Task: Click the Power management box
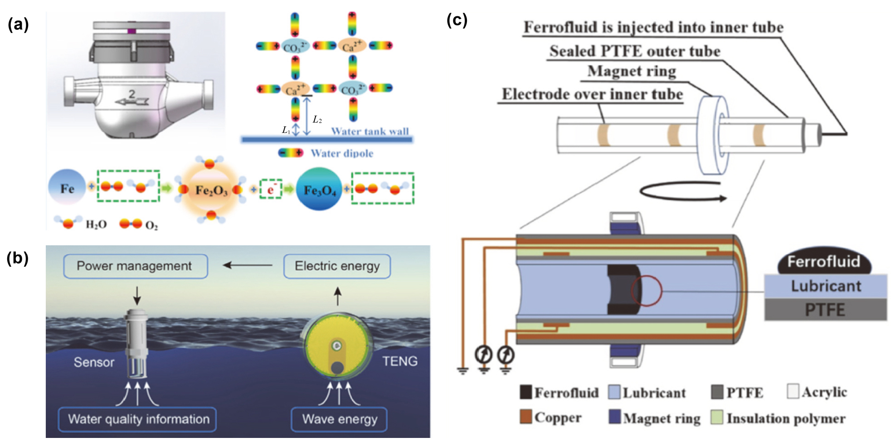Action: [x=136, y=266]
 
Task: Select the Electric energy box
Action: [x=337, y=266]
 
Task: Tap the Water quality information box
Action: [x=137, y=419]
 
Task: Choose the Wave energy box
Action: [x=339, y=419]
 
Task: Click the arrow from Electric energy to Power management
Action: [x=247, y=265]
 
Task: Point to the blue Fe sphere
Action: [x=67, y=188]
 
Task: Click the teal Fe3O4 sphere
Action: [x=319, y=190]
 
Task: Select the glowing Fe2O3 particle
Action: [x=211, y=190]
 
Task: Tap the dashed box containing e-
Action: [x=271, y=189]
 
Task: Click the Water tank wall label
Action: [x=370, y=131]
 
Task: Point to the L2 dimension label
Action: [x=317, y=120]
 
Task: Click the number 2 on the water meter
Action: [x=132, y=94]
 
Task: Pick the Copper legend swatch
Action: [x=526, y=417]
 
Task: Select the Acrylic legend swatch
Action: [x=793, y=391]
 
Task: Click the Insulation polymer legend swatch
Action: [x=717, y=418]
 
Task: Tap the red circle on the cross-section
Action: [x=647, y=291]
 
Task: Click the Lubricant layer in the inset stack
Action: [x=825, y=286]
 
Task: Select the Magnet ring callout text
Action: [x=632, y=72]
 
